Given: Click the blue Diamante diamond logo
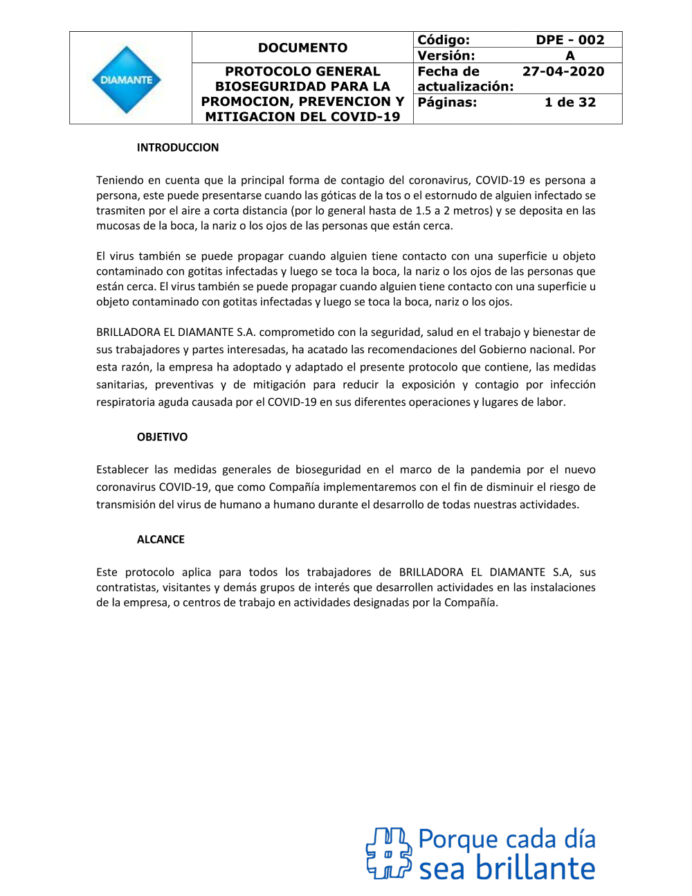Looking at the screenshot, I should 126,80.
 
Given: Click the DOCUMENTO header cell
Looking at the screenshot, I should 302,48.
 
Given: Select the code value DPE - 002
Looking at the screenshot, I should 570,40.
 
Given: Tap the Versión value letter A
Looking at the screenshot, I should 570,55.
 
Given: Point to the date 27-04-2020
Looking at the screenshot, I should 563,71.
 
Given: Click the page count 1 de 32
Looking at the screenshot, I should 570,102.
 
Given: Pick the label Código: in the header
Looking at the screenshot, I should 444,40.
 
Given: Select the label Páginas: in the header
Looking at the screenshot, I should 447,102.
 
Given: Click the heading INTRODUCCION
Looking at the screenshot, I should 178,147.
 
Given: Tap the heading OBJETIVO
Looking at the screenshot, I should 162,437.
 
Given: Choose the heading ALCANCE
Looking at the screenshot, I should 161,539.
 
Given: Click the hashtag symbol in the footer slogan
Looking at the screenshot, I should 388,853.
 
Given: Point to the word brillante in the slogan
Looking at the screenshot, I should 535,869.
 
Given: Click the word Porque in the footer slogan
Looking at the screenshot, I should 457,840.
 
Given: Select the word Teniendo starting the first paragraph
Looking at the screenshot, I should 121,180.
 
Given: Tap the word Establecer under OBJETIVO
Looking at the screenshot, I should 122,469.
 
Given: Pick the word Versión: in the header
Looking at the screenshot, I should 446,55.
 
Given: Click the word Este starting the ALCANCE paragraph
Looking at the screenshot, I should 107,572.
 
